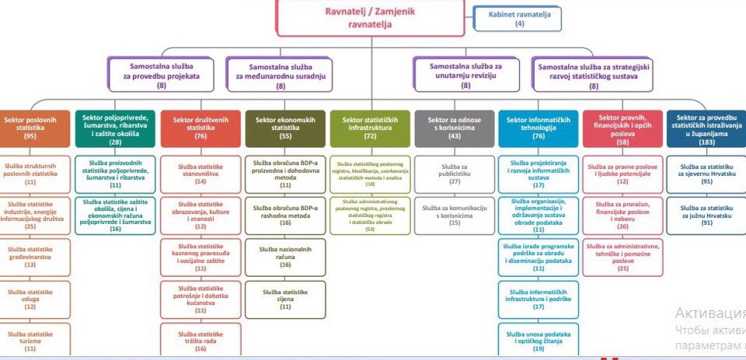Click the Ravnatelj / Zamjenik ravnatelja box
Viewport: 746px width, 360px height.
[x=370, y=18]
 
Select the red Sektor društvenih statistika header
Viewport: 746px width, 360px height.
[x=200, y=128]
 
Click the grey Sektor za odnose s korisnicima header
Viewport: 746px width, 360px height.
[x=455, y=128]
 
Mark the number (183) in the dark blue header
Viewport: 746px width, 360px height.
[x=706, y=142]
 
